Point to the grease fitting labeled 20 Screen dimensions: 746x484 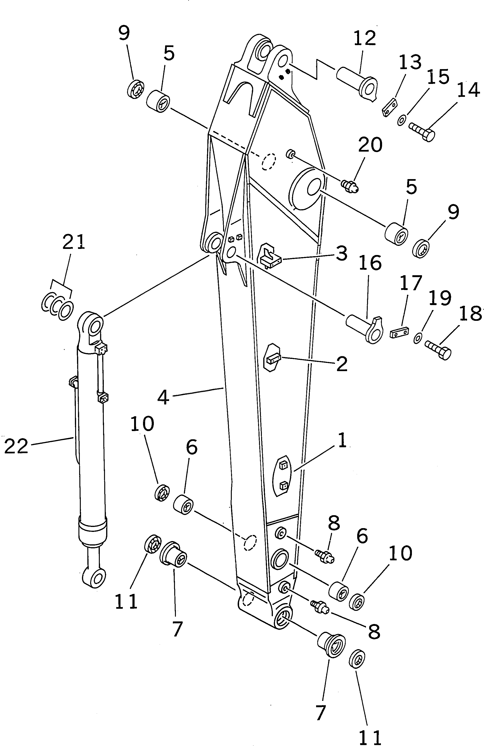pos(350,186)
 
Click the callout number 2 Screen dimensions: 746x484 pos(342,364)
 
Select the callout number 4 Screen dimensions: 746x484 pos(163,397)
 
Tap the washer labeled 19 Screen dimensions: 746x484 pos(418,338)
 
